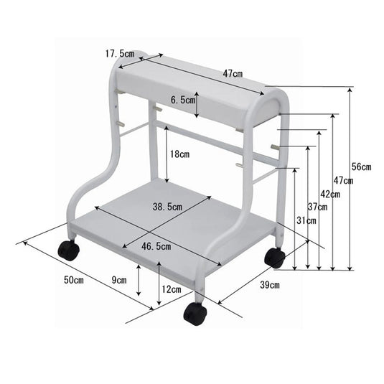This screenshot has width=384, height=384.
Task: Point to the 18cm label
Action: pyautogui.click(x=179, y=154)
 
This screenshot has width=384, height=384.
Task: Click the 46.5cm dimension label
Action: pyautogui.click(x=156, y=246)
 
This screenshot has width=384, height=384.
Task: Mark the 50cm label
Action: pyautogui.click(x=75, y=279)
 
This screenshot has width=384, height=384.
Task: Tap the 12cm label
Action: pyautogui.click(x=171, y=290)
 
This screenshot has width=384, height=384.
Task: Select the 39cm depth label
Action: pyautogui.click(x=269, y=285)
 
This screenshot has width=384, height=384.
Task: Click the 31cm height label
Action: pyautogui.click(x=306, y=221)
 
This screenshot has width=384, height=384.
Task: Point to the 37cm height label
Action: pyautogui.click(x=318, y=207)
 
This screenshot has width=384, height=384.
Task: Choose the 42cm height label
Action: pyautogui.click(x=330, y=195)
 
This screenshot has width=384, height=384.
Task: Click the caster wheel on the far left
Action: pyautogui.click(x=68, y=250)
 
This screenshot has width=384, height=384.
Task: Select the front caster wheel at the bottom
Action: pyautogui.click(x=194, y=313)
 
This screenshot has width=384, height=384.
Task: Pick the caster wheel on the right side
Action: pyautogui.click(x=274, y=257)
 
